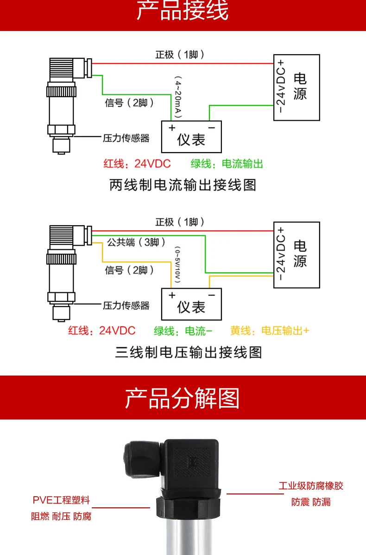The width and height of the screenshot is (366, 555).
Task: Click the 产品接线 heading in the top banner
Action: tap(183, 10)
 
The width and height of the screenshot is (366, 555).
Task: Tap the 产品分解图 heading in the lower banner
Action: tap(182, 399)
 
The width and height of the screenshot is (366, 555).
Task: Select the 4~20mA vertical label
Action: tap(178, 97)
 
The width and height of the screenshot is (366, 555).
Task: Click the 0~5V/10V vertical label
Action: tap(177, 265)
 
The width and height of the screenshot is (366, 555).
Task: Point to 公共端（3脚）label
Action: tap(136, 242)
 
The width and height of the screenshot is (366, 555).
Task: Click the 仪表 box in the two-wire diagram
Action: tap(191, 137)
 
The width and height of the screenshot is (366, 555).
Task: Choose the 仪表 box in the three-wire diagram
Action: tap(191, 304)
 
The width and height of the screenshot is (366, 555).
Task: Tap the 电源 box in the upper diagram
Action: tap(297, 87)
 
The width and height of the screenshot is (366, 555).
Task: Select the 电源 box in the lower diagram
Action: tap(297, 255)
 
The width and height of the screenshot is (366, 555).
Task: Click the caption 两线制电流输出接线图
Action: tap(183, 185)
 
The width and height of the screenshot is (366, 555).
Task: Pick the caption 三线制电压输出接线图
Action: tap(189, 352)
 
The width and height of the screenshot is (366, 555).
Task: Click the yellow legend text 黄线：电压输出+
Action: tap(270, 331)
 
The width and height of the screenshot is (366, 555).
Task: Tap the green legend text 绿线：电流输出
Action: tap(227, 164)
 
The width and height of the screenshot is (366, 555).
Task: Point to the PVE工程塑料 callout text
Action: tap(61, 500)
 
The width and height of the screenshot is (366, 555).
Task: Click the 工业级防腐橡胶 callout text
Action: tap(311, 486)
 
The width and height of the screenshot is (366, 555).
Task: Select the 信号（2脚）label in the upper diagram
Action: tap(129, 103)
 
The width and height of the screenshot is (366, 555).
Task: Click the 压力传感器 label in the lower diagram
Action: tap(126, 306)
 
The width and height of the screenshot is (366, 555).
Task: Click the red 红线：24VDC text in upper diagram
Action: tap(137, 164)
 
